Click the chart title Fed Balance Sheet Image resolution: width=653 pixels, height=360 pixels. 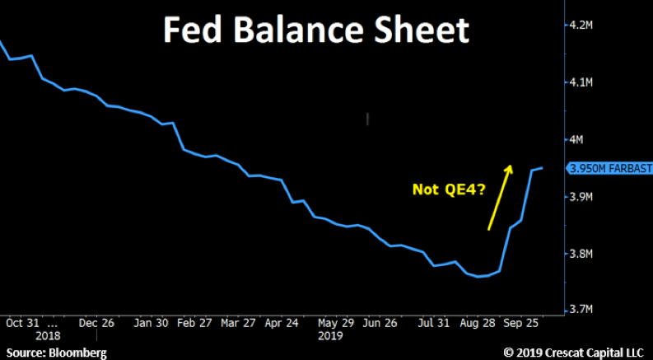(315, 30)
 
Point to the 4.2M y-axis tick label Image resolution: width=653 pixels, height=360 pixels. (582, 26)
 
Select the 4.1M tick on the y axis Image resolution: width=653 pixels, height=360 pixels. (582, 82)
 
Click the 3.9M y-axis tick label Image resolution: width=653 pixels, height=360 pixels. (582, 197)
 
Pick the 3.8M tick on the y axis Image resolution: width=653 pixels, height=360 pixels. (582, 254)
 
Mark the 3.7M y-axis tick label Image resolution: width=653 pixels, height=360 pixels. (582, 310)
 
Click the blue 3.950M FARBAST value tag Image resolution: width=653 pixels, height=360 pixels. (610, 168)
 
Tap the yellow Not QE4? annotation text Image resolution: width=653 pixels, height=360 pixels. (449, 189)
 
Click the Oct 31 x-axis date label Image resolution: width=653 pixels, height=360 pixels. (21, 323)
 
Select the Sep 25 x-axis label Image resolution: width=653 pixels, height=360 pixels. (520, 323)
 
